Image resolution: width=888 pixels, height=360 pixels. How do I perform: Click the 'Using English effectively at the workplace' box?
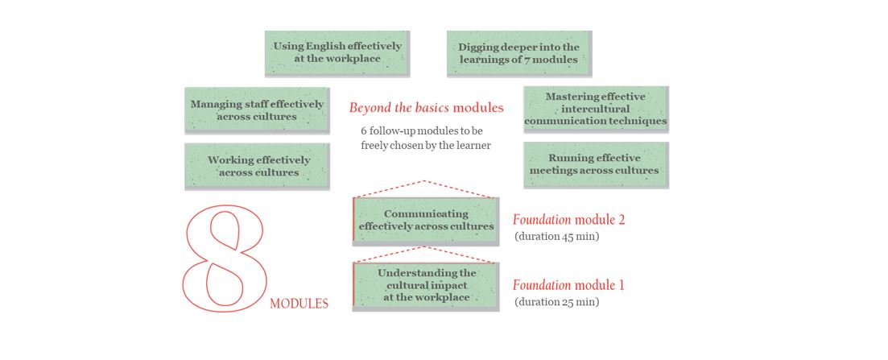pyautogui.click(x=337, y=53)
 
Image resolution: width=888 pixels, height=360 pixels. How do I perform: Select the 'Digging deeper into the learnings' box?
pyautogui.click(x=518, y=53)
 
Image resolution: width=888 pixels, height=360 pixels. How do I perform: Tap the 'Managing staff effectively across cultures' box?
pyautogui.click(x=257, y=110)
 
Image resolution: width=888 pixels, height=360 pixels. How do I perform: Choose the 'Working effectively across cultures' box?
pyautogui.click(x=257, y=166)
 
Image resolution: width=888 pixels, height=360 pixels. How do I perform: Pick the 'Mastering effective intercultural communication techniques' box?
pyautogui.click(x=596, y=109)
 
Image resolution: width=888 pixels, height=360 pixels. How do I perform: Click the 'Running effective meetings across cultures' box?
pyautogui.click(x=595, y=164)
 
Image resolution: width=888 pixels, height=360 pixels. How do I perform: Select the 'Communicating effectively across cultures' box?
pyautogui.click(x=427, y=220)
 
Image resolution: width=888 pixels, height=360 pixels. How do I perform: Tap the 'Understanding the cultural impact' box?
pyautogui.click(x=427, y=285)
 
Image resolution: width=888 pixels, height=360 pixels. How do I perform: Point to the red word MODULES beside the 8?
pyautogui.click(x=299, y=304)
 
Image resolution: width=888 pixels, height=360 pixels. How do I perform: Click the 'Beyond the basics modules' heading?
pyautogui.click(x=426, y=107)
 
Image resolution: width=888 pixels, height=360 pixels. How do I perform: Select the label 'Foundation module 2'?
pyautogui.click(x=568, y=219)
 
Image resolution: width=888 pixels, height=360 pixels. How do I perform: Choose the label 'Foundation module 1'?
pyautogui.click(x=568, y=285)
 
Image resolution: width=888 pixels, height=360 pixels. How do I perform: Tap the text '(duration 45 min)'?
pyautogui.click(x=556, y=237)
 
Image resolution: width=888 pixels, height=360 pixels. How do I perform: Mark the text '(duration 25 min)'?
pyautogui.click(x=556, y=302)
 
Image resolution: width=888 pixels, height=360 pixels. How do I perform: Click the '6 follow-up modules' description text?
pyautogui.click(x=425, y=138)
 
